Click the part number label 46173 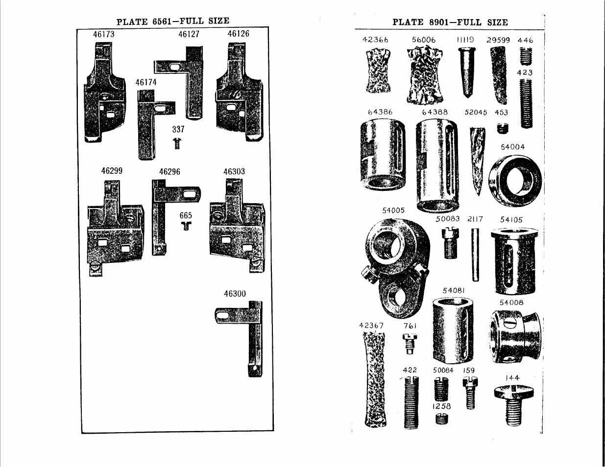(x=103, y=34)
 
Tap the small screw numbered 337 (x=177, y=143)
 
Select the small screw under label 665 (x=186, y=225)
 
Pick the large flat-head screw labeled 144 (x=514, y=405)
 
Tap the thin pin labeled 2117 (x=475, y=255)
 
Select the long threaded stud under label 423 (x=526, y=103)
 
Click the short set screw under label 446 (x=526, y=56)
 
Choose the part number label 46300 (x=235, y=294)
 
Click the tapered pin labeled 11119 (x=466, y=72)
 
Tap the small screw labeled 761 (x=410, y=344)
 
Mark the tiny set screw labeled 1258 (x=441, y=419)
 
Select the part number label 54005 (x=393, y=210)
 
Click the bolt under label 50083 (x=450, y=243)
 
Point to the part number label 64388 (x=435, y=112)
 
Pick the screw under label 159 (x=470, y=393)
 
